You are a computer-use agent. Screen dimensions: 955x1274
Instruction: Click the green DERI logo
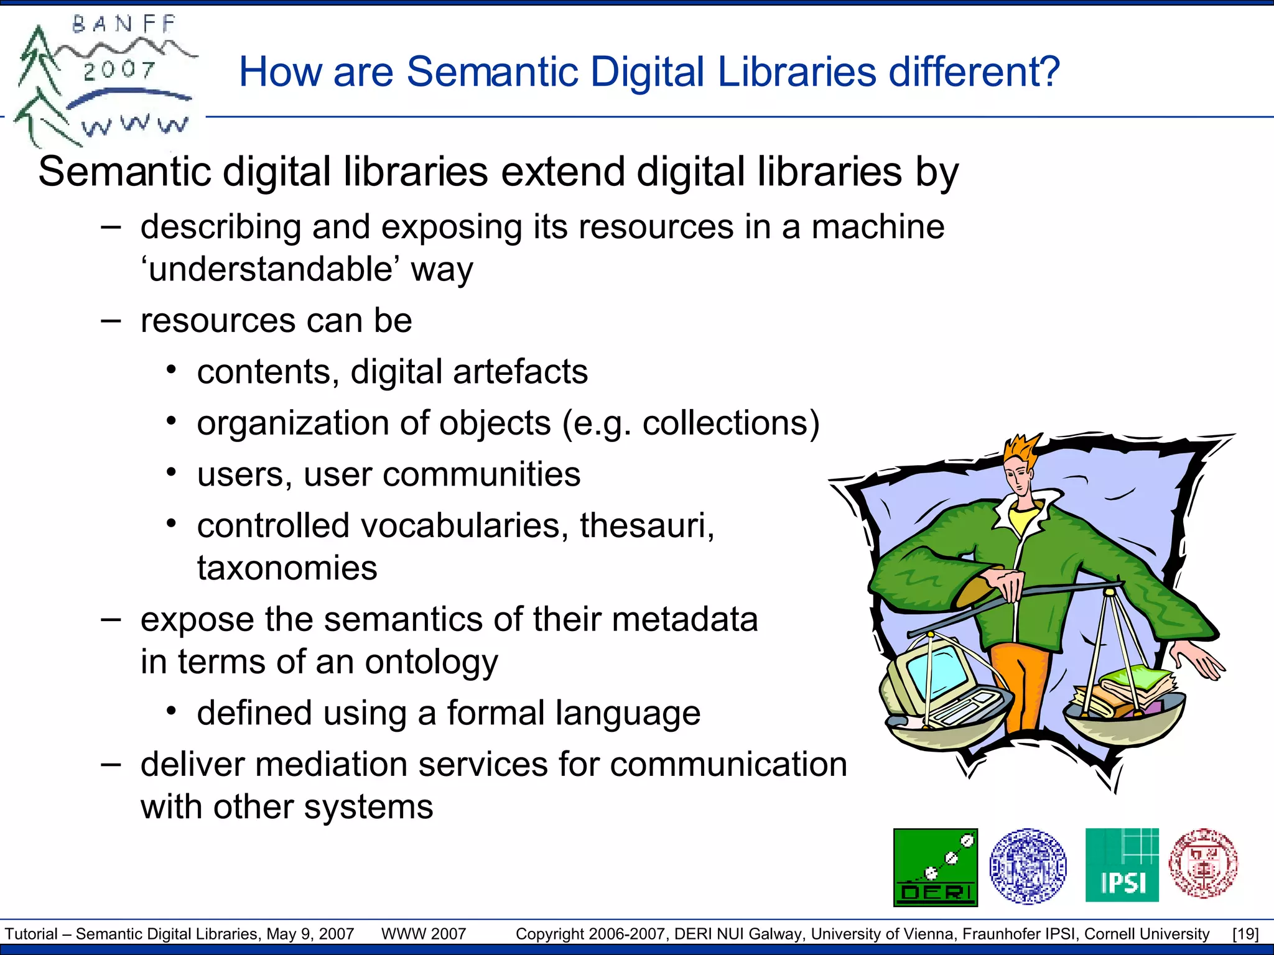point(935,867)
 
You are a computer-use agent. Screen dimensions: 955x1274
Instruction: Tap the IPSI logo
point(1122,865)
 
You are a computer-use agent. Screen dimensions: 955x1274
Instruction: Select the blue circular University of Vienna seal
point(1028,865)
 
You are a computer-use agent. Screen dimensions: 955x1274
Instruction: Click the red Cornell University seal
point(1203,863)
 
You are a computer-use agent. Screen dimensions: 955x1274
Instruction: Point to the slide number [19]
point(1245,934)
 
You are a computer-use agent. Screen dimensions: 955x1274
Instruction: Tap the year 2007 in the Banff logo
point(119,70)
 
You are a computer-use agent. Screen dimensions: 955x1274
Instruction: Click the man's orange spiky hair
point(1021,451)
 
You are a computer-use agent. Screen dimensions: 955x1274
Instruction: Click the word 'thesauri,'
point(647,526)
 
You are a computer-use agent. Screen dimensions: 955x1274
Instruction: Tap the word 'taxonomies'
point(287,568)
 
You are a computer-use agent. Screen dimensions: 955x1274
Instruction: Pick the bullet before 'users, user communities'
point(172,473)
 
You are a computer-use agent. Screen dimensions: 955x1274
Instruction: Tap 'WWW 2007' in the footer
point(424,934)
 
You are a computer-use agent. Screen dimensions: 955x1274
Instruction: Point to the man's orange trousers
point(1021,684)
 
